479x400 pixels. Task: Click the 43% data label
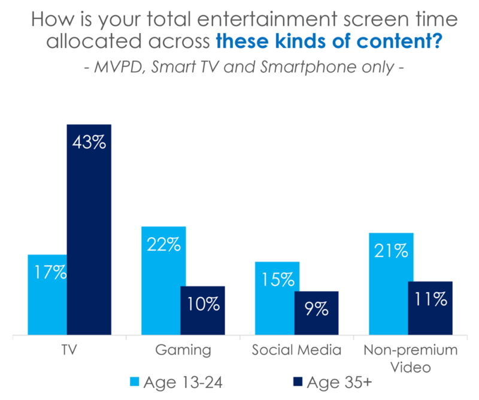89,144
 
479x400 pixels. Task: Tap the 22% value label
163,246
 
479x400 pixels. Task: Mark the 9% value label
316,309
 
